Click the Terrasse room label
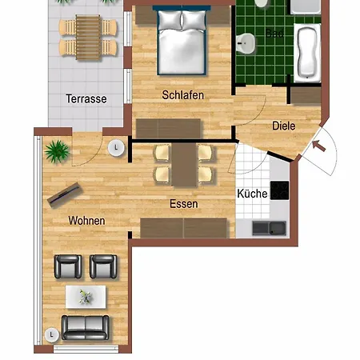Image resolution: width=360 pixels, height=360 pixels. (86, 99)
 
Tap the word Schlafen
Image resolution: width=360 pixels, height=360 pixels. (182, 95)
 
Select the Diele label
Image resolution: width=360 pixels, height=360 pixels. (283, 126)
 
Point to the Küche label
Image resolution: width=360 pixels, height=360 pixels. (252, 194)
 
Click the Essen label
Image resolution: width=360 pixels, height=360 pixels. (184, 204)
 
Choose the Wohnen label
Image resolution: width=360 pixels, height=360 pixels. (86, 220)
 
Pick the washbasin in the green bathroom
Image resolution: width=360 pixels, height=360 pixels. (249, 41)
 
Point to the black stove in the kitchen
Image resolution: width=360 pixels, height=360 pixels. (279, 190)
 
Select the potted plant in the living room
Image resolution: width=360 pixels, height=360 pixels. (57, 149)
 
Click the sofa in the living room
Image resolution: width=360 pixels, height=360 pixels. (85, 326)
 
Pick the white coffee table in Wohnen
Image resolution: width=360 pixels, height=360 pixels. (85, 296)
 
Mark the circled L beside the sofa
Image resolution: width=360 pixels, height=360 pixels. (51, 333)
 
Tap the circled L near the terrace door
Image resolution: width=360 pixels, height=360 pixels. (117, 146)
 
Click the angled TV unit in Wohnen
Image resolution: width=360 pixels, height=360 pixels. (65, 193)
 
